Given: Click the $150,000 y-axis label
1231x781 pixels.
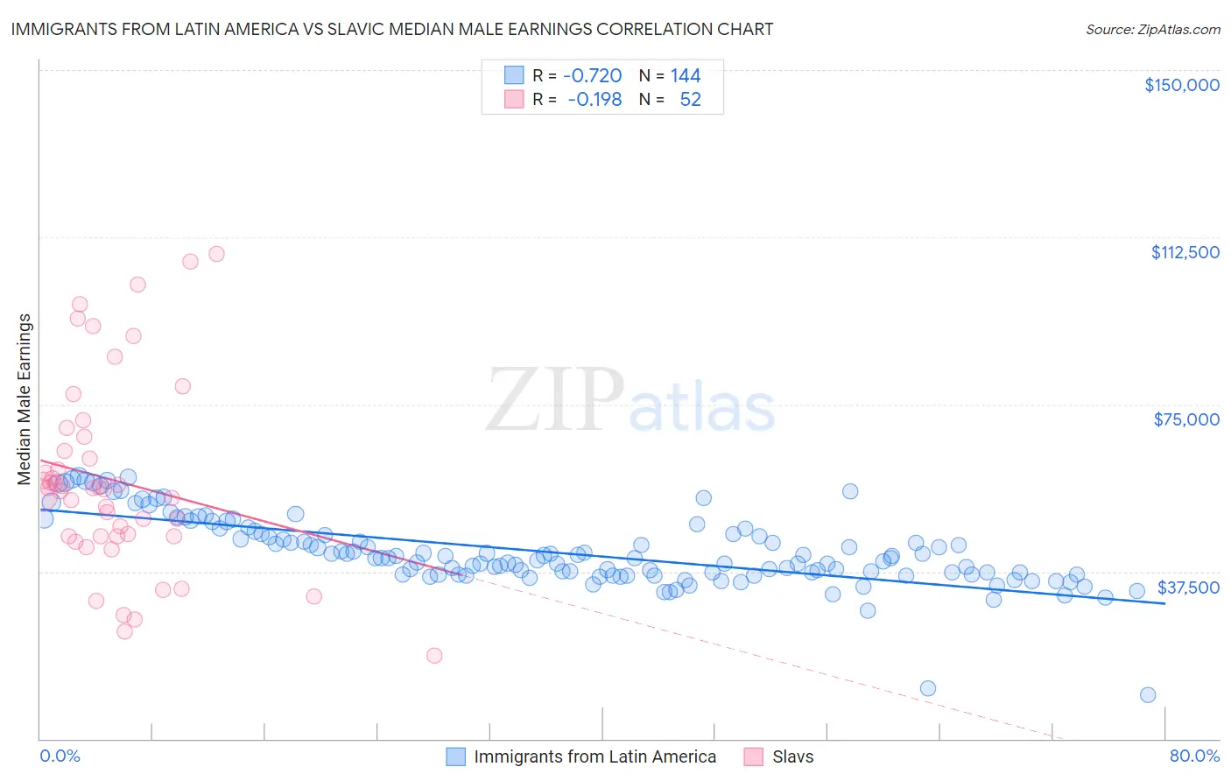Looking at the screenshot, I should coord(1181,85).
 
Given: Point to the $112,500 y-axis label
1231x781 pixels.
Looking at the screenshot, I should coord(1185,252).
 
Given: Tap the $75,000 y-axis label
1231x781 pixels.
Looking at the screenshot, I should coord(1185,419).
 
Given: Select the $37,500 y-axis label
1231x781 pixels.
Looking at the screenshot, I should coord(1187,587).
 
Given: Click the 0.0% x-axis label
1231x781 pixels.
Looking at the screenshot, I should coord(60,756).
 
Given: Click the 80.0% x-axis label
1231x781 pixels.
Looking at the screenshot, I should coord(1194,756).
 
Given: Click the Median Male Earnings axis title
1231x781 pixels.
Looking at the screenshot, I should coord(25,398).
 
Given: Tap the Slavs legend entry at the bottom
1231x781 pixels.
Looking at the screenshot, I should coord(792,756).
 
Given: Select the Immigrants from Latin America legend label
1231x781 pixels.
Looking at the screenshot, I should coord(594,756).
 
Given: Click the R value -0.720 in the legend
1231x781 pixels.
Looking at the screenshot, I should coord(592,75).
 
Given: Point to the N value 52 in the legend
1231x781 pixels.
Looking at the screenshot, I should coord(690,99).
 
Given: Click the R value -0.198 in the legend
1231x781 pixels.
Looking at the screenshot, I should coord(594,99).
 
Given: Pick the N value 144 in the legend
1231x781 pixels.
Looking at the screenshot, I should coord(686,75).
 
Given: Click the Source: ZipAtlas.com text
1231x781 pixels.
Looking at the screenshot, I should coord(1152,29).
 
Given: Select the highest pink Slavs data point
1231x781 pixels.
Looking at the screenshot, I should coord(216,254).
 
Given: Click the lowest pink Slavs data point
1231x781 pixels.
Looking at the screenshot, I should coord(433,655).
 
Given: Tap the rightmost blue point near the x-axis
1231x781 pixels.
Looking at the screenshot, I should coord(1148,694).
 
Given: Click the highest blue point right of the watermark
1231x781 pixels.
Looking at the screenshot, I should coord(850,491).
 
